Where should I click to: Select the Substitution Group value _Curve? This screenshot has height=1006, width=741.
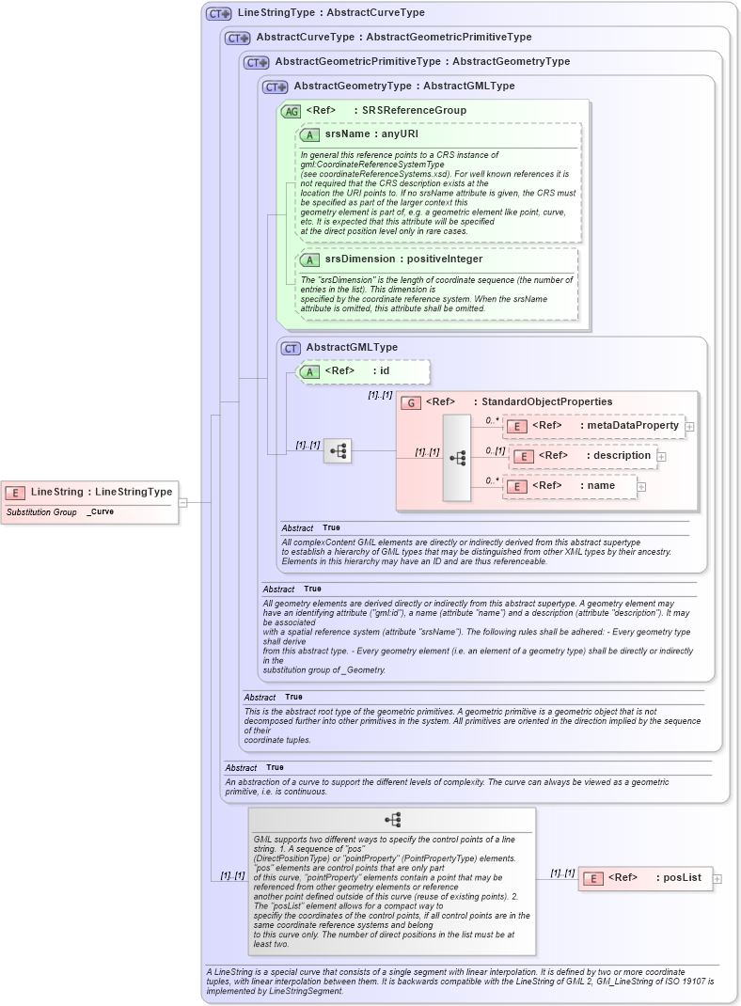click(x=101, y=512)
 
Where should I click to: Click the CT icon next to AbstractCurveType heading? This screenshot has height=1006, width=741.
click(x=238, y=38)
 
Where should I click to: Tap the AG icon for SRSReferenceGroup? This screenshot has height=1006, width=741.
click(x=291, y=111)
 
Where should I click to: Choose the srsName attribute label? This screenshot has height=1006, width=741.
click(x=360, y=134)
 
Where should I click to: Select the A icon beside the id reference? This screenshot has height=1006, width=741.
click(x=309, y=371)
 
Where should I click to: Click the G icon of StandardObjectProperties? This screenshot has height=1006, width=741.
click(x=410, y=402)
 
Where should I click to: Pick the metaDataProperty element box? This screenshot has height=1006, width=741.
click(x=593, y=426)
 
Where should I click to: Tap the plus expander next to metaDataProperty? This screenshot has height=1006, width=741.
click(x=690, y=427)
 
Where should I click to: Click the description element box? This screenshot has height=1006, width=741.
click(x=582, y=456)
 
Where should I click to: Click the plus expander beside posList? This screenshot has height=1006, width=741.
click(x=718, y=879)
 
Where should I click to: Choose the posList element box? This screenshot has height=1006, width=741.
click(x=644, y=878)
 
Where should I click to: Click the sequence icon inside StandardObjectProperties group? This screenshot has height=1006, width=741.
click(x=458, y=458)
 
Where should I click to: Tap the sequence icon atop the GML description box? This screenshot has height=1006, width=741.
click(x=392, y=820)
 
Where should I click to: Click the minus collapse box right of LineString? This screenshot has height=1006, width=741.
click(x=183, y=501)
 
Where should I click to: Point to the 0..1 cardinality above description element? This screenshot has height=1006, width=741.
click(x=496, y=450)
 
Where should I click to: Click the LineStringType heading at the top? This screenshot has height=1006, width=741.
click(x=331, y=13)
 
